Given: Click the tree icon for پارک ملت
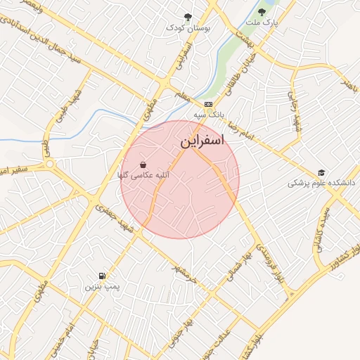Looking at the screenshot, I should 262,11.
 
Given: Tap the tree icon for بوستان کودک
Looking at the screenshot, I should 188,16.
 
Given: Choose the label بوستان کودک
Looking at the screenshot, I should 188,27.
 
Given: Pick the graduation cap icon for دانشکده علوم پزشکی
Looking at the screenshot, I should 321,172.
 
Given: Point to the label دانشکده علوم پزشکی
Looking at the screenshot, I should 314,184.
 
